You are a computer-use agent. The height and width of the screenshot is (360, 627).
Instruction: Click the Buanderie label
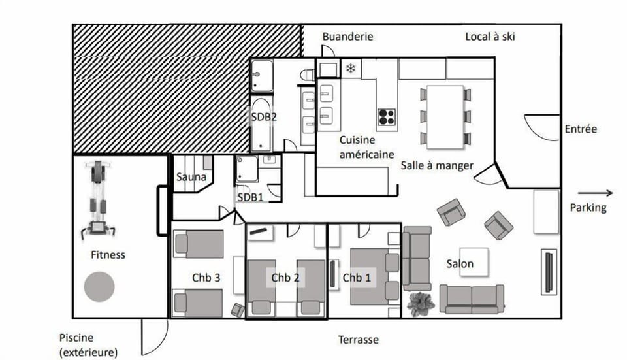pyautogui.click(x=347, y=37)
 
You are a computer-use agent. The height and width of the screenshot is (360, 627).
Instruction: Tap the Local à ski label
pyautogui.click(x=489, y=37)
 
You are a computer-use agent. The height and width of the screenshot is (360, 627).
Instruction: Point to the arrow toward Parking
pyautogui.click(x=595, y=193)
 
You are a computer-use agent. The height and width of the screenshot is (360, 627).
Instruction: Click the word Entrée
pyautogui.click(x=581, y=129)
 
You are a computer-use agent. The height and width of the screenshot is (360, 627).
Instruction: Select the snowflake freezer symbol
pyautogui.click(x=351, y=69)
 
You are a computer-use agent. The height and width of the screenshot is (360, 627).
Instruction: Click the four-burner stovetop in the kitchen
pyautogui.click(x=387, y=117)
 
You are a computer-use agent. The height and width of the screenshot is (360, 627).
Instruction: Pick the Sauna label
pyautogui.click(x=191, y=177)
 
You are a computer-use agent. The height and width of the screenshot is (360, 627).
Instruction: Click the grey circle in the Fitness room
pyautogui.click(x=99, y=286)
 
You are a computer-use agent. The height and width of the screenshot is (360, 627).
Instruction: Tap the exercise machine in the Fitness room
pyautogui.click(x=98, y=199)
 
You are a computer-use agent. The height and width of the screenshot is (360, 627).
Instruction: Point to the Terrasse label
pyautogui.click(x=358, y=340)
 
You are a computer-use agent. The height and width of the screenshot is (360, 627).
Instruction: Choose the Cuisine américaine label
pyautogui.click(x=366, y=147)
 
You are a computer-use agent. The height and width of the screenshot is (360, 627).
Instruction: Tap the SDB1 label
pyautogui.click(x=249, y=198)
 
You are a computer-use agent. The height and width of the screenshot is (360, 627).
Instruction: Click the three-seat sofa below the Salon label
pyautogui.click(x=472, y=299)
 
